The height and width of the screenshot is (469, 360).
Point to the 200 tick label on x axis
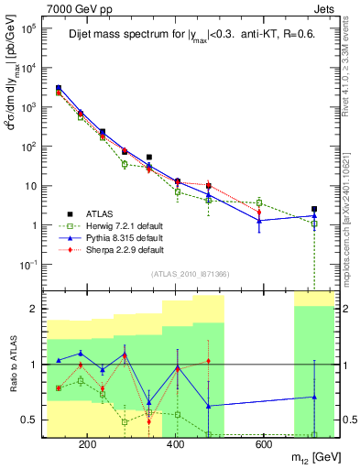(88, 444)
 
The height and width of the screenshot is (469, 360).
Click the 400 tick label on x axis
(174, 444)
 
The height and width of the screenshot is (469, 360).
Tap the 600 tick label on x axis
(262, 444)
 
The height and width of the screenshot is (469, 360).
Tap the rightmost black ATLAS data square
(314, 209)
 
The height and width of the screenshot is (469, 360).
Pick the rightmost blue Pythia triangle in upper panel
(314, 216)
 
